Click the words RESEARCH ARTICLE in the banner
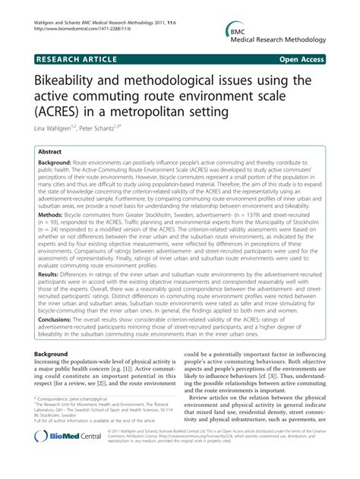click(74, 58)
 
